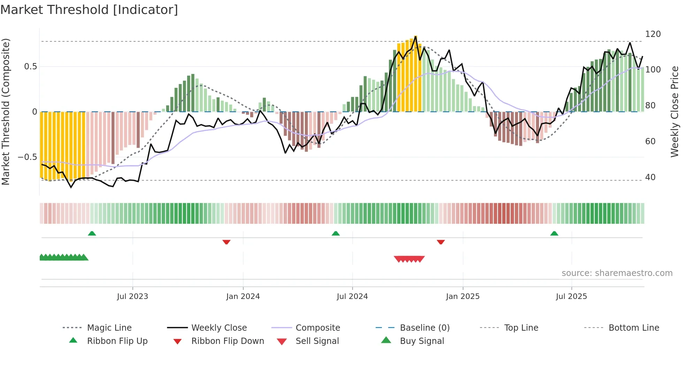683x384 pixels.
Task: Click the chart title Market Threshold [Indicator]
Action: pos(89,10)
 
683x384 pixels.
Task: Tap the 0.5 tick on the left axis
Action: pos(30,67)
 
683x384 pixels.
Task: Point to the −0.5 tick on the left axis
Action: pos(27,157)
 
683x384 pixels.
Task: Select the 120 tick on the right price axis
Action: pos(653,34)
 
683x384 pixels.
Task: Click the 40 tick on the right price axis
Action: pos(650,177)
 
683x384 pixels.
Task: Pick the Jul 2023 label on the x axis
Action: pos(132,297)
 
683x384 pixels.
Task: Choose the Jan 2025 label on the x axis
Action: pos(462,297)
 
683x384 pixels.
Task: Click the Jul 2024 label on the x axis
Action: pos(352,297)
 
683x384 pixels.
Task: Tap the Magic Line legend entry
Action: pos(109,328)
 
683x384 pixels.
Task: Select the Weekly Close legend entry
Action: pos(219,328)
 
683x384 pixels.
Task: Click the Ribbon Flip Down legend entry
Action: pos(228,341)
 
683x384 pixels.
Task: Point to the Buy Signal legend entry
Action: pos(422,341)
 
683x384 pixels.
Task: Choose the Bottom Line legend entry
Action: pos(634,328)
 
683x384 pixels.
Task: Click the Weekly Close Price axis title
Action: pos(675,112)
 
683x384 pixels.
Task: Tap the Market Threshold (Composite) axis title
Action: pos(6,112)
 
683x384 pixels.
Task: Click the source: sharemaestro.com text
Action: pos(617,273)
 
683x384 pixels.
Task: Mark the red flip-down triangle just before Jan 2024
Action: pos(227,242)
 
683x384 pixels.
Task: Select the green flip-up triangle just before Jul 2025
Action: pos(554,233)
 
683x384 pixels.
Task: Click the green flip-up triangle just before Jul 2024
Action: pos(336,233)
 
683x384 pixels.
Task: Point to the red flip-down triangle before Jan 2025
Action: pos(441,242)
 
